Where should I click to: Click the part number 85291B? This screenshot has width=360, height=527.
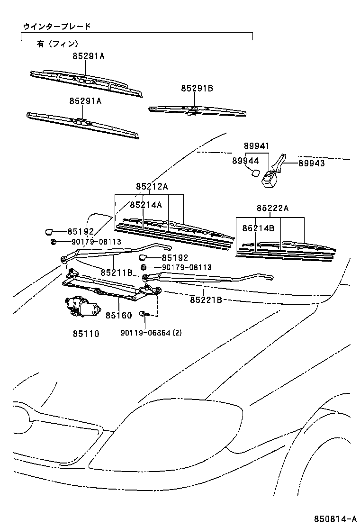click(x=197, y=88)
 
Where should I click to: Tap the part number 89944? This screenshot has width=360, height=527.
click(x=245, y=161)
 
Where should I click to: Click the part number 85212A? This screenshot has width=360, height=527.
click(x=152, y=187)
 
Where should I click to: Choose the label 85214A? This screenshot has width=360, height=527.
click(x=146, y=205)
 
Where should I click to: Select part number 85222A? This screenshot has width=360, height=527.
click(x=272, y=208)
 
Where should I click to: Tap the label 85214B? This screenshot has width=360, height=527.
click(x=258, y=228)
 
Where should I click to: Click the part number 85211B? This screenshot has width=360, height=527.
click(x=117, y=273)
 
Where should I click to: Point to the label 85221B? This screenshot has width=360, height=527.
click(x=207, y=300)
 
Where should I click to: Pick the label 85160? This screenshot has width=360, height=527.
click(x=118, y=315)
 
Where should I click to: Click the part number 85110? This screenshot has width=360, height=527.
click(x=86, y=334)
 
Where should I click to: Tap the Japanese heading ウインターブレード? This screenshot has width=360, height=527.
click(x=57, y=27)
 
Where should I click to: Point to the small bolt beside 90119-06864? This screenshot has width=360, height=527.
click(x=144, y=314)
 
